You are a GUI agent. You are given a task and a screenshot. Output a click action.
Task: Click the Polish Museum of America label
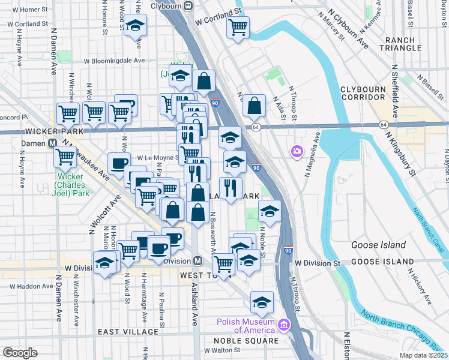pyautogui.click(x=246, y=326)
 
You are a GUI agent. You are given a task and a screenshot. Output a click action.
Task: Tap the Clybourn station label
pyautogui.click(x=166, y=5)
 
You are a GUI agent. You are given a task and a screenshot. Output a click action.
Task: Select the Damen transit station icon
pyautogui.click(x=52, y=143)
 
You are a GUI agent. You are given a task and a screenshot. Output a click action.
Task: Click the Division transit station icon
pyautogui.click(x=197, y=261)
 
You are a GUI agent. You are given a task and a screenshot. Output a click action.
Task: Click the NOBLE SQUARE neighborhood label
pyautogui.click(x=246, y=340)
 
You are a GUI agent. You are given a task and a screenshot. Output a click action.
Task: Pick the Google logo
pyautogui.click(x=19, y=353)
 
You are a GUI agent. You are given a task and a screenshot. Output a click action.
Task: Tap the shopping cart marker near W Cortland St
pyautogui.click(x=238, y=26)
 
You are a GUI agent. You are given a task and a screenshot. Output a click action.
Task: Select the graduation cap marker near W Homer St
pyautogui.click(x=136, y=25)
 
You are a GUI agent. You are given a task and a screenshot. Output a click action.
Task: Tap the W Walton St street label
pyautogui.click(x=220, y=350)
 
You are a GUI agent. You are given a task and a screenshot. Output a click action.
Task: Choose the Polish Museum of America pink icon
pyautogui.click(x=283, y=326)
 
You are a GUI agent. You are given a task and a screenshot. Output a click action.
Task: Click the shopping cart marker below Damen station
pyautogui.click(x=65, y=158)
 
